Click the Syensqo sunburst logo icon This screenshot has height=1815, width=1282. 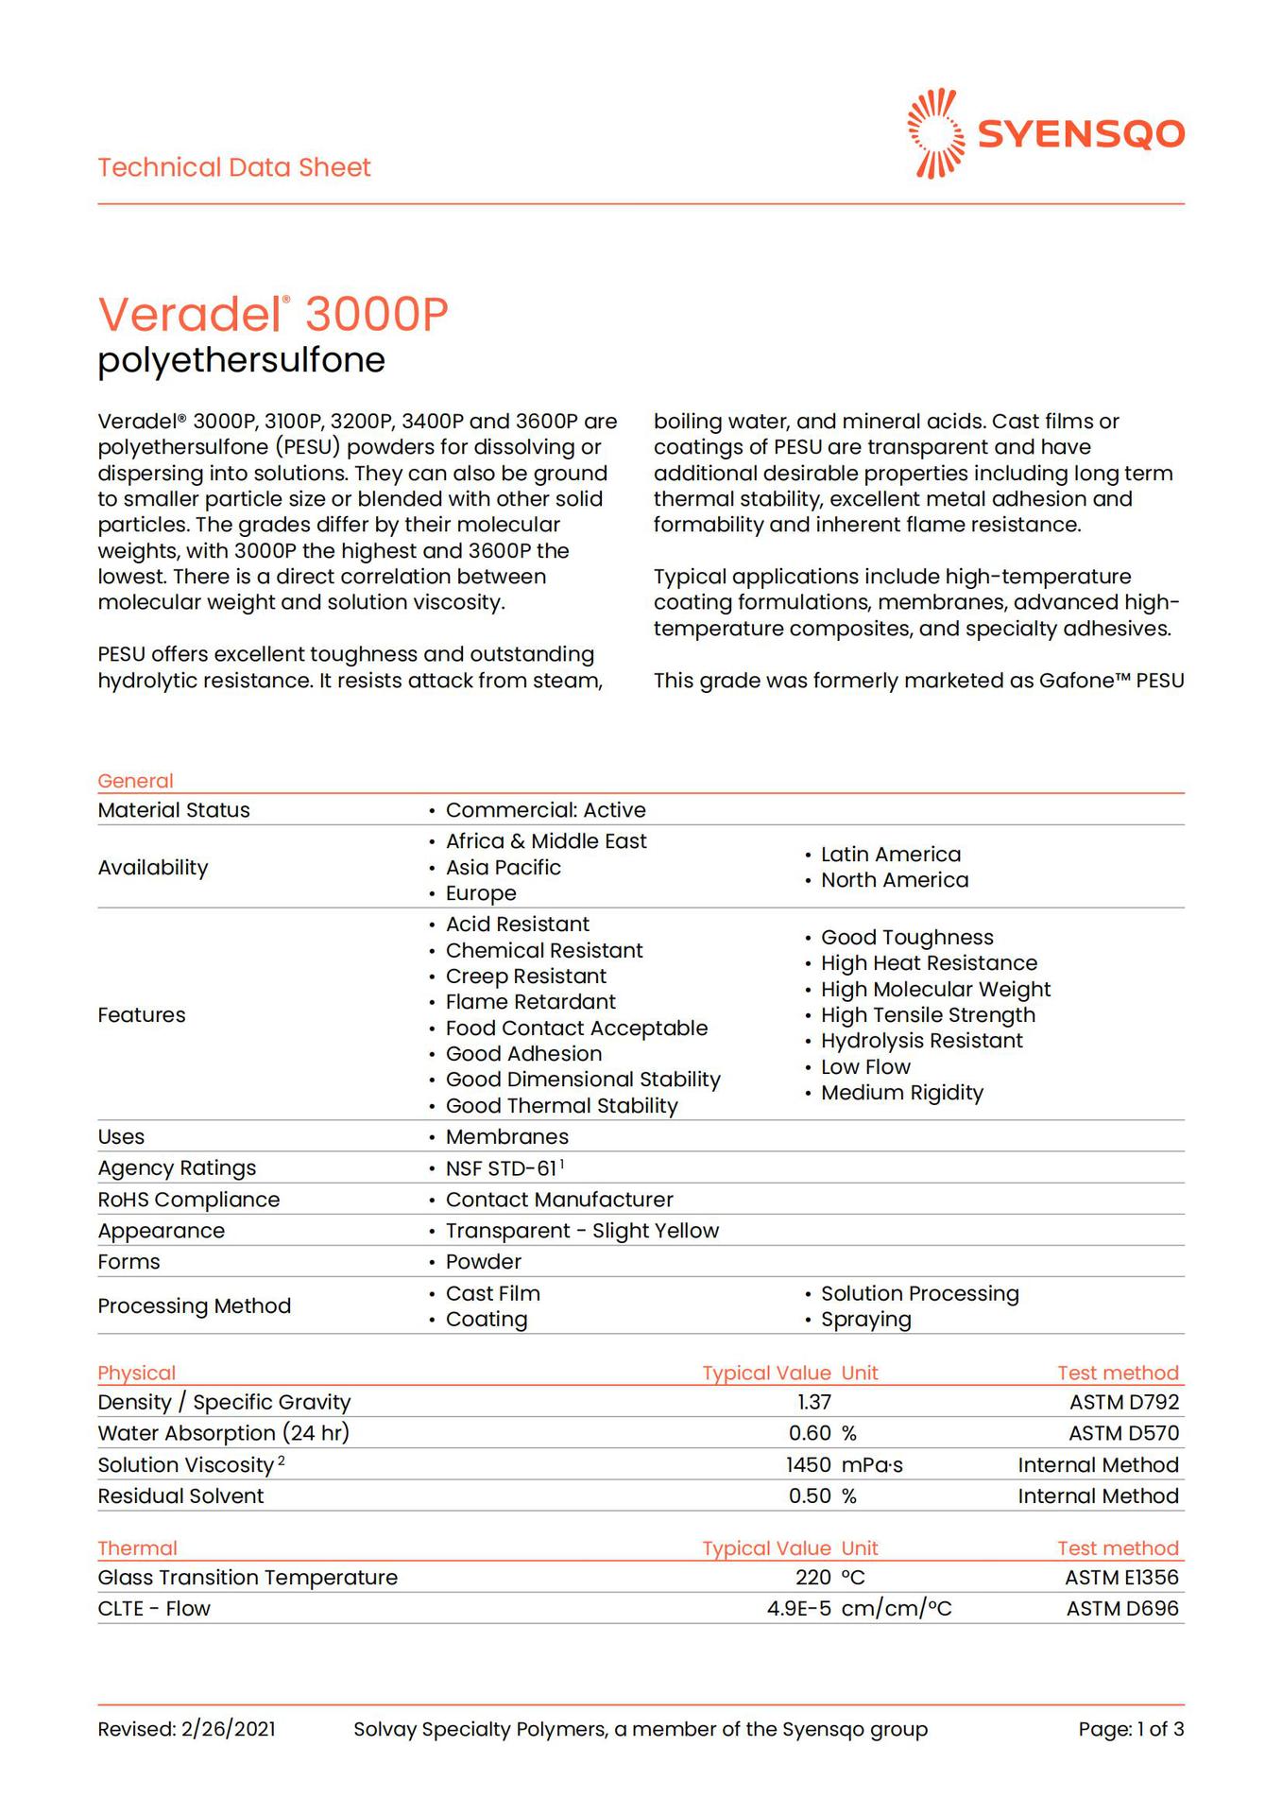point(935,133)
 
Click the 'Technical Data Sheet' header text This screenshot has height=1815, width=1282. point(234,167)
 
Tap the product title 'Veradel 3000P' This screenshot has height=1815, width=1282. point(273,314)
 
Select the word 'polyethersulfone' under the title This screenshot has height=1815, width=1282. point(242,360)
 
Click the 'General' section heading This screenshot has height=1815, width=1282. point(135,781)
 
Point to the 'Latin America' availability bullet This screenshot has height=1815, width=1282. point(890,855)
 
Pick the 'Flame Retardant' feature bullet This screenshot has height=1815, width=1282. point(530,1002)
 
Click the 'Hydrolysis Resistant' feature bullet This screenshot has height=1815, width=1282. point(921,1041)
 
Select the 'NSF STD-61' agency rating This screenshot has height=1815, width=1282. point(502,1168)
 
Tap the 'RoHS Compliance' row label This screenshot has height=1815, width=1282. point(189,1200)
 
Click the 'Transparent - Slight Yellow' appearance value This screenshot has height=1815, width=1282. point(582,1231)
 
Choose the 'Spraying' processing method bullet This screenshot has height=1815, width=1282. point(865,1320)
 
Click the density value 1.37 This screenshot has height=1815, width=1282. point(814,1402)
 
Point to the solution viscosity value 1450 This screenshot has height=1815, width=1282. point(808,1465)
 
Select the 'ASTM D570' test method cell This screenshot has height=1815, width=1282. point(1123,1433)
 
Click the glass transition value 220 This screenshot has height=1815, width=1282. point(812,1577)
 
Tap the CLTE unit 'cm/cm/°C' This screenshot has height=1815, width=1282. point(896,1608)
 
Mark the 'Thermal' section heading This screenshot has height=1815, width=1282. point(137,1547)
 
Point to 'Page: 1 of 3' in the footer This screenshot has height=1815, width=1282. point(1131,1729)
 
